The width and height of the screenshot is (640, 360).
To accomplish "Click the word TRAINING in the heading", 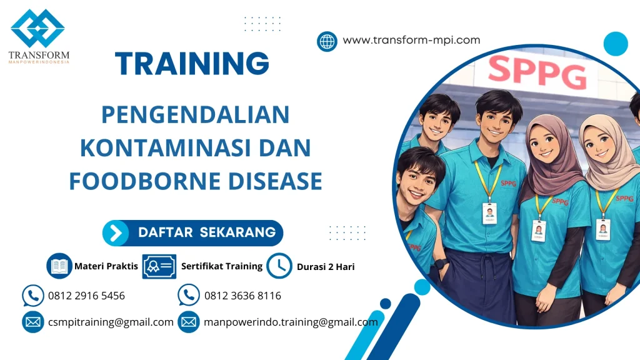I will (192, 63).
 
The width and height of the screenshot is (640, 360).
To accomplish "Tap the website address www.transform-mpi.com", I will (411, 40).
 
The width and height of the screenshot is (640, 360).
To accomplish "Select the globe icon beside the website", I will (327, 41).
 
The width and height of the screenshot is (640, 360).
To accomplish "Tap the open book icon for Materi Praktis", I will (59, 266).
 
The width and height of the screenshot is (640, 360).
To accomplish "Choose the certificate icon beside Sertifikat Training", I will (159, 266).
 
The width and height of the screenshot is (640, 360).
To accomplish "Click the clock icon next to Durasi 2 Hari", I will (279, 266).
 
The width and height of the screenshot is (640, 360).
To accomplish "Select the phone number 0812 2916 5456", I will (86, 296).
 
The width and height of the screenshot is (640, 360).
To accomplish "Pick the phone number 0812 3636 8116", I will (242, 296).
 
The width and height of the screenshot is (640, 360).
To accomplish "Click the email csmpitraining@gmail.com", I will (111, 322).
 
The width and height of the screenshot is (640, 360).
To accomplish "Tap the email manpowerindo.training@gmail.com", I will (291, 322).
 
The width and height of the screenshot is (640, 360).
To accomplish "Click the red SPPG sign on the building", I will (537, 72).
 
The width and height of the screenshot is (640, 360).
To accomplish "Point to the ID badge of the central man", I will (489, 213).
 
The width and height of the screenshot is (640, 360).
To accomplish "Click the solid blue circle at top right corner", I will (616, 44).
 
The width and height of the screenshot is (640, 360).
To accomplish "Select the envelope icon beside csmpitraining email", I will (32, 322).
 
